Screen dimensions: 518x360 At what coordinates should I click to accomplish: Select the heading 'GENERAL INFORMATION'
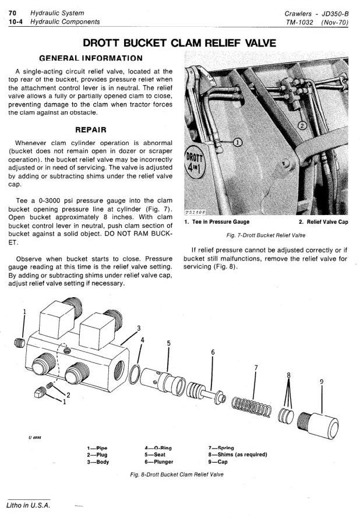(x=90, y=58)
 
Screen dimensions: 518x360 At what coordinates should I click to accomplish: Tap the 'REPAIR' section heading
(x=90, y=129)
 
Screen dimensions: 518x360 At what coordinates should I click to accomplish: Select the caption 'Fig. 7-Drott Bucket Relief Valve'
(x=265, y=235)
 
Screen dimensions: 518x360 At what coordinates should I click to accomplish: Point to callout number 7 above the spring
(x=256, y=367)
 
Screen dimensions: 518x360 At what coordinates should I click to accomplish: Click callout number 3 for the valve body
(x=139, y=328)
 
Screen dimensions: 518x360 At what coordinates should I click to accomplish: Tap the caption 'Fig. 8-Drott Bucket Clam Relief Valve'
(x=177, y=474)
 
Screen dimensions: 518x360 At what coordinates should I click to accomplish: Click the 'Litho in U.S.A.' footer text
(x=28, y=504)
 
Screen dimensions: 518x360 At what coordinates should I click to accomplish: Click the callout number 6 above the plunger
(x=213, y=352)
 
